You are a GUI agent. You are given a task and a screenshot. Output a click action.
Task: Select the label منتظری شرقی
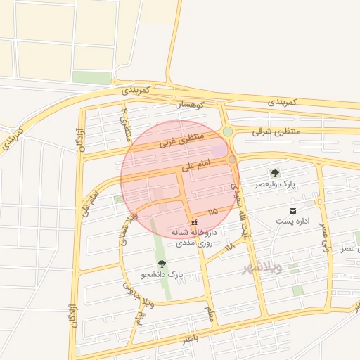pyautogui.click(x=276, y=131)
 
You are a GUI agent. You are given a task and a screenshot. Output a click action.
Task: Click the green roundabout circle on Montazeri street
pyautogui.click(x=228, y=131)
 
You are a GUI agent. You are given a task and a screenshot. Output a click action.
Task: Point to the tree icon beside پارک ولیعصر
pyautogui.click(x=275, y=173)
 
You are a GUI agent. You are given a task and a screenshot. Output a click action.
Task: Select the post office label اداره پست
pyautogui.click(x=292, y=222)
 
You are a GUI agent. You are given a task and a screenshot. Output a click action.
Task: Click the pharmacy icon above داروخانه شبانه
pyautogui.click(x=195, y=222)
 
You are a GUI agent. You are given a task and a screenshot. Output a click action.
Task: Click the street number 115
pyautogui.click(x=212, y=211)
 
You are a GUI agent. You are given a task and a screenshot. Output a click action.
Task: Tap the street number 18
pyautogui.click(x=229, y=247)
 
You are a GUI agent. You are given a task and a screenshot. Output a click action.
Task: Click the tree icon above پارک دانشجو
pyautogui.click(x=162, y=264)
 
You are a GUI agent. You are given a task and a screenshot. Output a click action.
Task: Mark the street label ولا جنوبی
pyautogui.click(x=139, y=307)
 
